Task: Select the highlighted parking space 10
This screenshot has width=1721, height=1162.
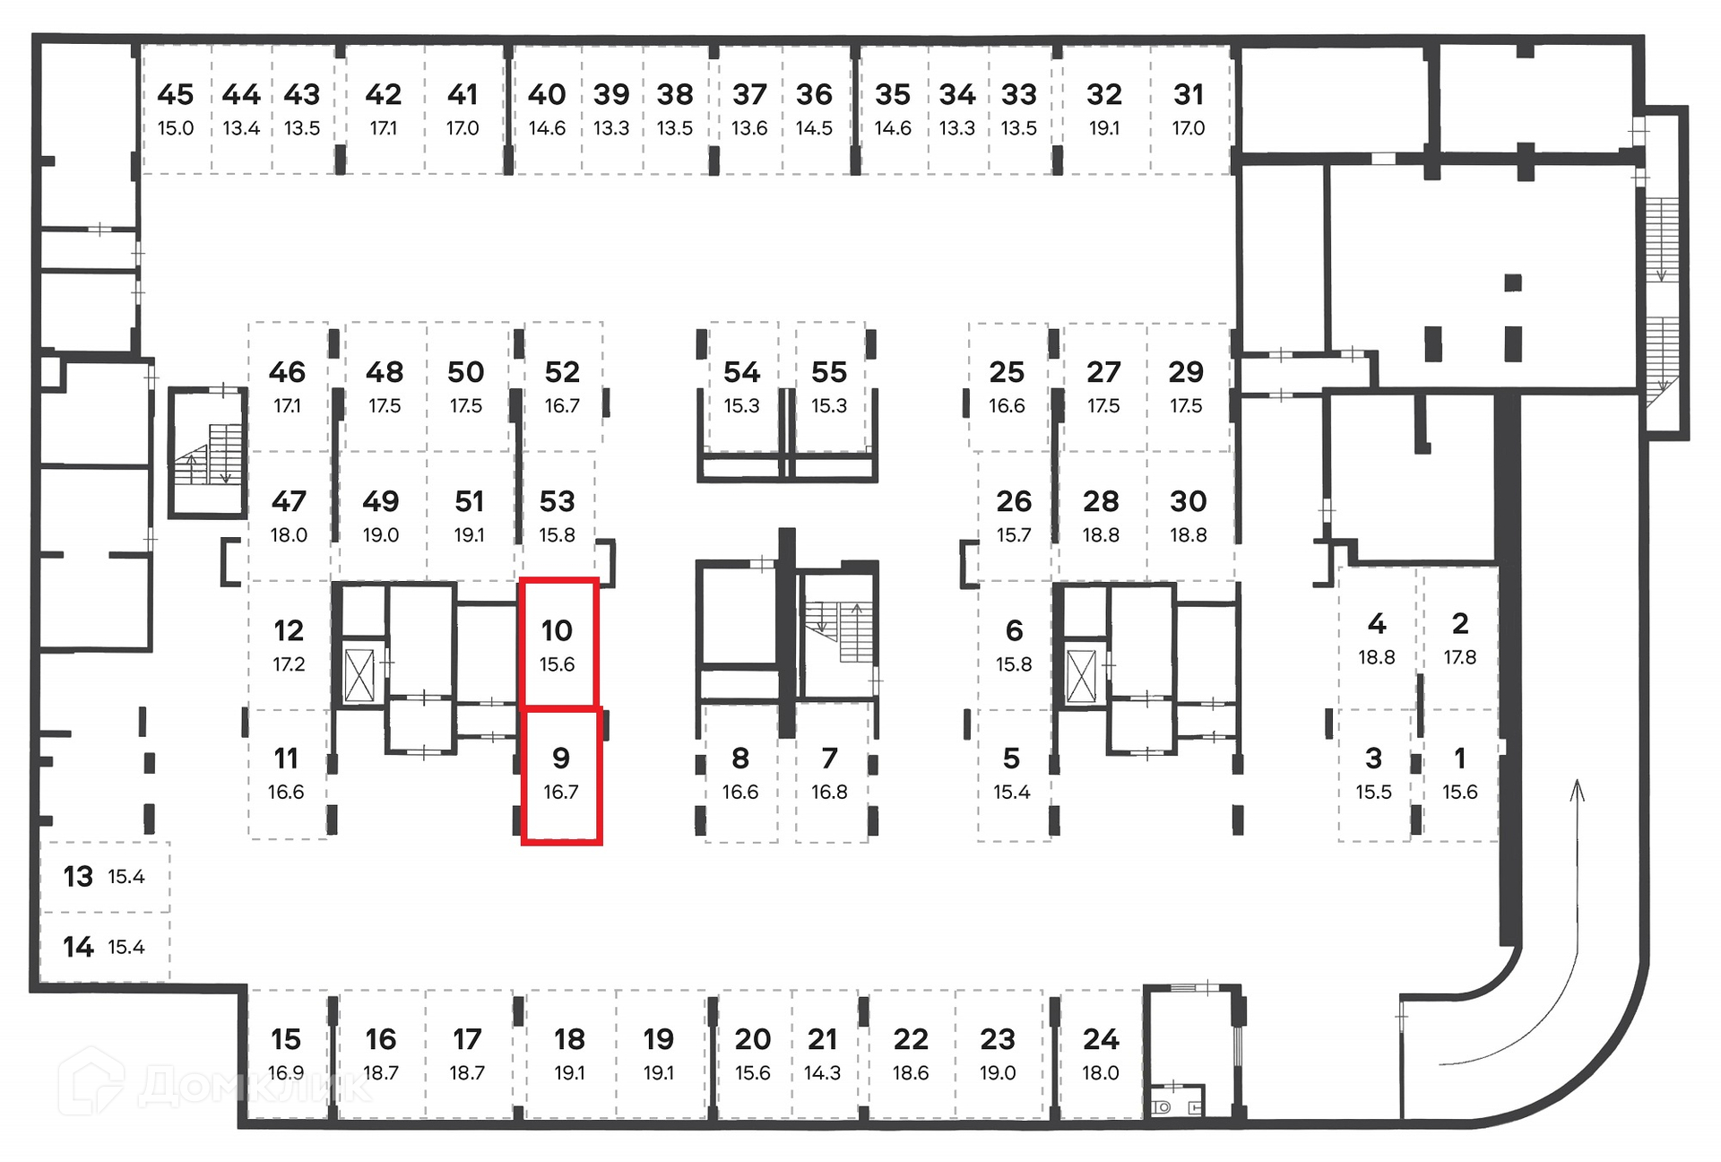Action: tap(558, 643)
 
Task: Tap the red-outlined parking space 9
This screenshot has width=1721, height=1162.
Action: tap(561, 775)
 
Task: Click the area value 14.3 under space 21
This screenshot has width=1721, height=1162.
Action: tap(822, 1073)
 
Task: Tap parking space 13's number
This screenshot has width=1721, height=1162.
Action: tap(78, 876)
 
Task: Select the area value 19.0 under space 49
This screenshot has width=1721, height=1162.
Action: tap(380, 535)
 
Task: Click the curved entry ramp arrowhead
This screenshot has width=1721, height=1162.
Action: tap(1578, 789)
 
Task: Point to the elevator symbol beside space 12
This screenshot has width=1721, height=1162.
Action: tap(359, 675)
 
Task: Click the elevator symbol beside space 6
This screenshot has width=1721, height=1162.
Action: tap(1081, 675)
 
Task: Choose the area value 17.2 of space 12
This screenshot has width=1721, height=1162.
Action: tap(289, 664)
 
